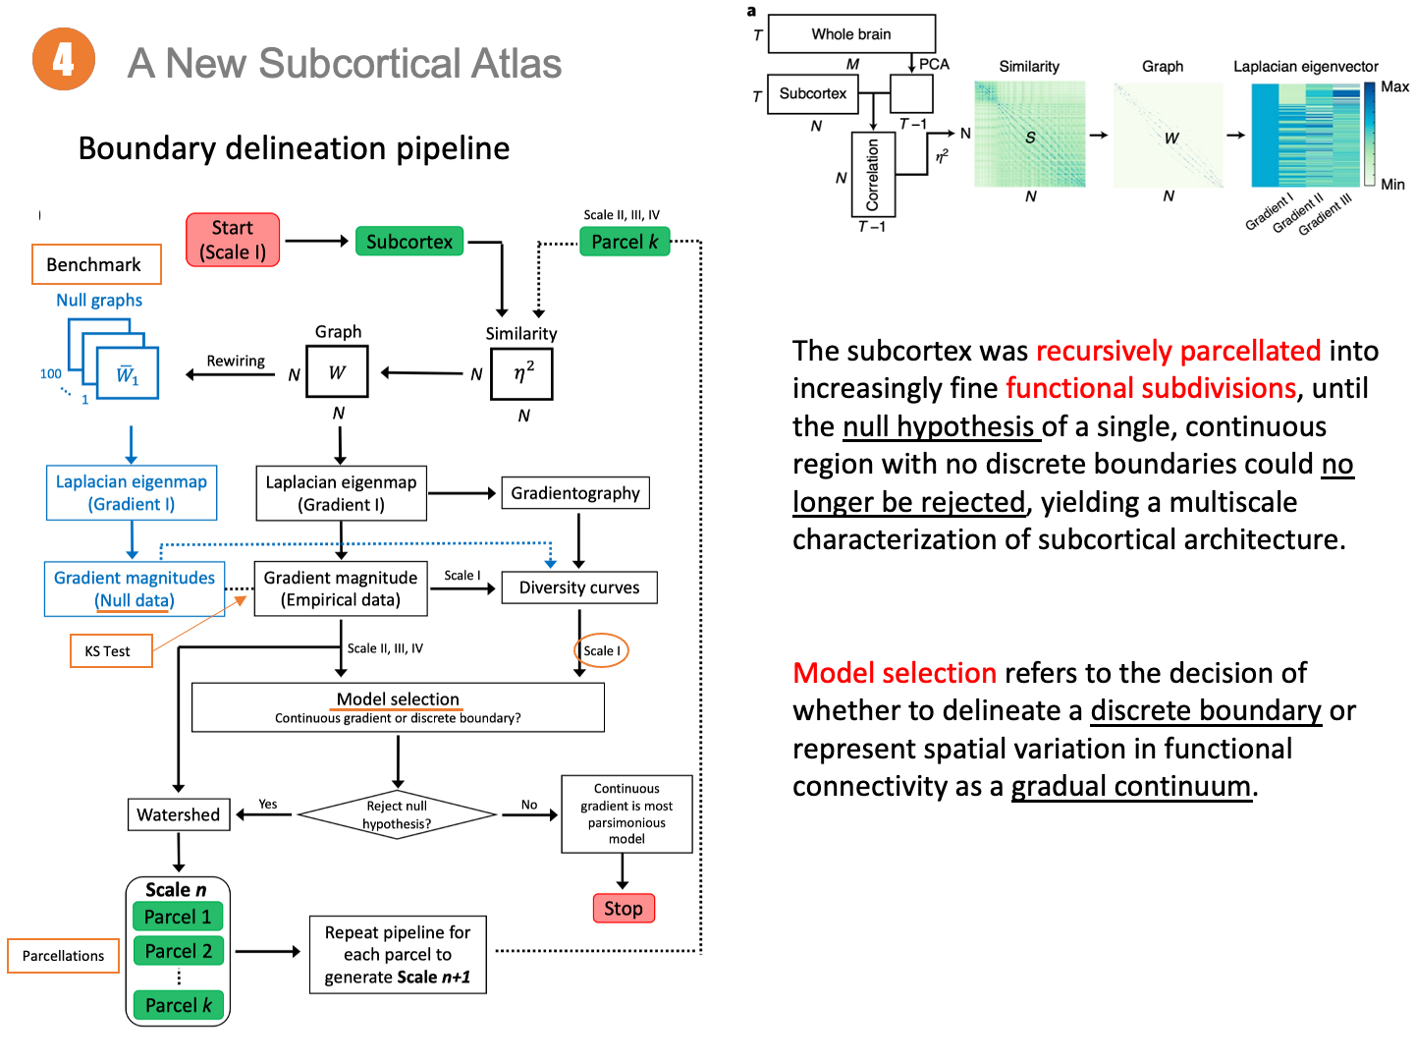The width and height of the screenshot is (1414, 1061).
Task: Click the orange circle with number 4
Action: (x=64, y=60)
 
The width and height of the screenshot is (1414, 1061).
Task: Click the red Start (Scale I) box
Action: (x=233, y=241)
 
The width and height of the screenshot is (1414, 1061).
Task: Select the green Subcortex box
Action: (x=409, y=242)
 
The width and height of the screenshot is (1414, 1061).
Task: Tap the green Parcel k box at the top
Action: (x=625, y=242)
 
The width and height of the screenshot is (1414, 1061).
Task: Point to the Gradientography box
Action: (x=575, y=493)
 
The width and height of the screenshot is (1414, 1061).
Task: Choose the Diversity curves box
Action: (x=579, y=587)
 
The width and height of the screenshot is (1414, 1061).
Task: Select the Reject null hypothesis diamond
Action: (x=397, y=814)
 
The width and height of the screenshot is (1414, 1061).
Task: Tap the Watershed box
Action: (x=179, y=814)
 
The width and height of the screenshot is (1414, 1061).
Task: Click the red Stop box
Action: (x=624, y=908)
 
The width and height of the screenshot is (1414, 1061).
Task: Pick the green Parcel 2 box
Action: (x=179, y=951)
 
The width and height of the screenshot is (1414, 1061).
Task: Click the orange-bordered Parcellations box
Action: (x=64, y=956)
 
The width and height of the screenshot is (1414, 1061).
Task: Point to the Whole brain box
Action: (x=851, y=33)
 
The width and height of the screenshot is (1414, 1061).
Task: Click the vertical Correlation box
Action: (x=873, y=174)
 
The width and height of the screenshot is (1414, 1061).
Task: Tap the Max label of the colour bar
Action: (x=1394, y=86)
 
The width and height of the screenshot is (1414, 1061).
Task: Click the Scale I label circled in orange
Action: (x=601, y=650)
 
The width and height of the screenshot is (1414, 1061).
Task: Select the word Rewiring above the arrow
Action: (x=236, y=361)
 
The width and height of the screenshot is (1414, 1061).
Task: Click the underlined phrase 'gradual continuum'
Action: (x=1131, y=786)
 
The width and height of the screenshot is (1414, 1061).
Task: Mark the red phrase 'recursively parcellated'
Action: (x=1178, y=351)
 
